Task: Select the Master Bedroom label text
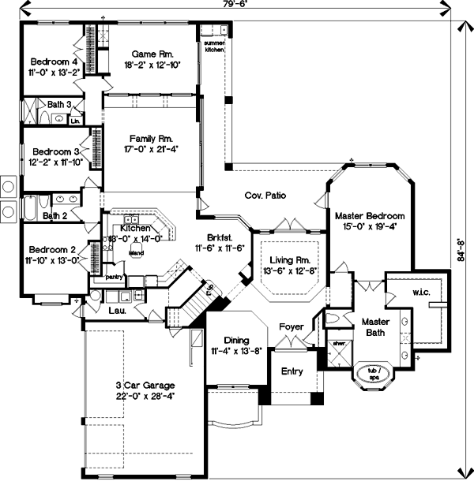point(369,215)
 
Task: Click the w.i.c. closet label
point(420,293)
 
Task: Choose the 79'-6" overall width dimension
point(231,5)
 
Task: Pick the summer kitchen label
point(215,46)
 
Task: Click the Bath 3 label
point(58,104)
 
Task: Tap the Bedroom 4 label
point(54,61)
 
